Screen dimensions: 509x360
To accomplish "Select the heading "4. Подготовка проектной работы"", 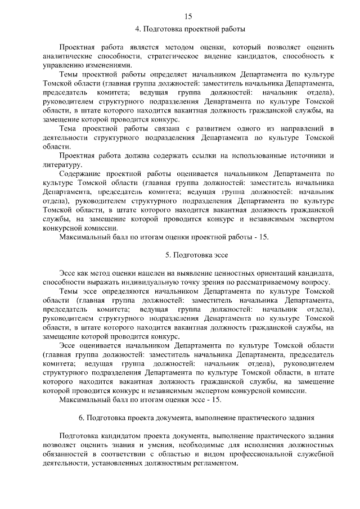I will coord(189,28).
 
